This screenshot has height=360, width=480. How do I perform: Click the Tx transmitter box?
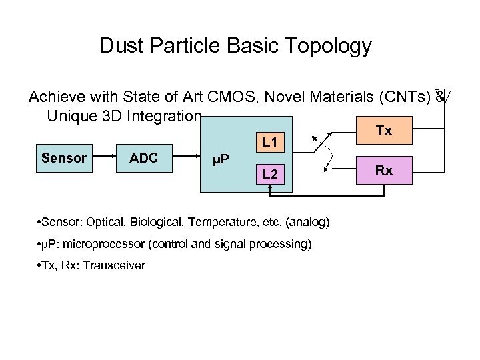point(383,131)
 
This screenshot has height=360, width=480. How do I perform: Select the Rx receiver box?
point(383,171)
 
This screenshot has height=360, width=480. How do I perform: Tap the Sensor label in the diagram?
point(64,158)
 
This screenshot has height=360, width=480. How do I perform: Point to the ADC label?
point(143,158)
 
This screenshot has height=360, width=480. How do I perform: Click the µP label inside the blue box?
point(221,160)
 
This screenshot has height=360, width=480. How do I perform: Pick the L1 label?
point(269,142)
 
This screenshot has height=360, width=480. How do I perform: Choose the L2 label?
point(269,175)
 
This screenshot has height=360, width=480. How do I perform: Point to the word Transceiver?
point(115,265)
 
